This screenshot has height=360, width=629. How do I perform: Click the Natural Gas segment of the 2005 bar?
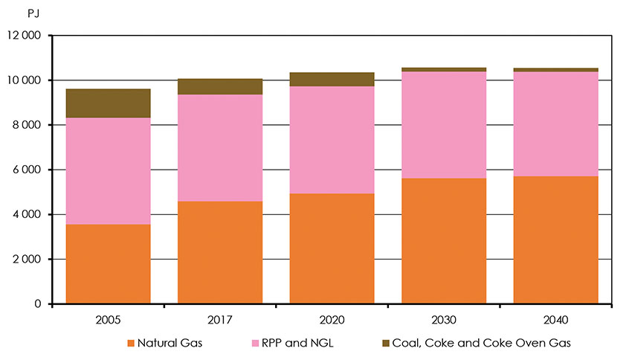pos(109,264)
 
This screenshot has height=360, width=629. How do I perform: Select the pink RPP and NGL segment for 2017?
pos(220,148)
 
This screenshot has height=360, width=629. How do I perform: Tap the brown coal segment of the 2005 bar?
pos(109,103)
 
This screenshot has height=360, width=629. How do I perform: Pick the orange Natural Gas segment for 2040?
pos(555,240)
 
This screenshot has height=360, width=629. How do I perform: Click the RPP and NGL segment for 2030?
pos(444,125)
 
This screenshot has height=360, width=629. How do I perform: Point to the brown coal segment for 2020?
pos(332,80)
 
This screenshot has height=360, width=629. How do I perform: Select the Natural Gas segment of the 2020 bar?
pos(332,248)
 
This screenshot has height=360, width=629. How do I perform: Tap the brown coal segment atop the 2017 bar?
pos(220,87)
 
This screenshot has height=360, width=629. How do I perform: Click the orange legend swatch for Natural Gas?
pos(131,343)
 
